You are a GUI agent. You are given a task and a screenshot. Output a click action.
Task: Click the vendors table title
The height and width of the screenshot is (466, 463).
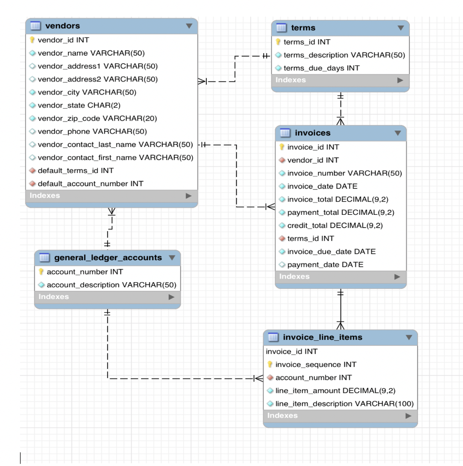coord(62,26)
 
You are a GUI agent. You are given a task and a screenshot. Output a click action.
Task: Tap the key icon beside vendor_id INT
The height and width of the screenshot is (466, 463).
coord(32,40)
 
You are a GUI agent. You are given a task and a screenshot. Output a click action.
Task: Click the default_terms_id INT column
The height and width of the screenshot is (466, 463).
coord(76,171)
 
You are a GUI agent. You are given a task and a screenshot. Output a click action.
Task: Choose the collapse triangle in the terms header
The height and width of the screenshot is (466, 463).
coord(400,28)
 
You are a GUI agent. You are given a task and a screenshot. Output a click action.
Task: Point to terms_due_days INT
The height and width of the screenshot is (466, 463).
coord(321,68)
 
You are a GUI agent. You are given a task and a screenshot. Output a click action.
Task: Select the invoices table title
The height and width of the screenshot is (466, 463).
coord(312,133)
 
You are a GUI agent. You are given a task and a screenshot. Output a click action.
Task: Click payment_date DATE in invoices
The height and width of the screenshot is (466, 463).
coord(325,264)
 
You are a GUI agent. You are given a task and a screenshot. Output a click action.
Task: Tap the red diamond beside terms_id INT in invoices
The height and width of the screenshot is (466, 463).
coord(282,238)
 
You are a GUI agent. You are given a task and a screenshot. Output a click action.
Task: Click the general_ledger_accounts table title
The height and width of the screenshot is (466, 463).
coord(107,258)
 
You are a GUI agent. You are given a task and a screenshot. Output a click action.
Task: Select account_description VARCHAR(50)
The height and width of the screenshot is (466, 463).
coord(111,285)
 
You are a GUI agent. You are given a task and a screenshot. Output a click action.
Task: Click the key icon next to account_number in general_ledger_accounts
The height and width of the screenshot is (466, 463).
coord(41,272)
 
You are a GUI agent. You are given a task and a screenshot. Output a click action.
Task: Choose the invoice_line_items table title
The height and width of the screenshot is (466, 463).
coord(322,337)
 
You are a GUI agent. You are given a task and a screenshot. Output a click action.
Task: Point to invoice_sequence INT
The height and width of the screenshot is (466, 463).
coord(315,365)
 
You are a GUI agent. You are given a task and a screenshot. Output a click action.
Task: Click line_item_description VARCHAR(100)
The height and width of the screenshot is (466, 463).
coord(344,404)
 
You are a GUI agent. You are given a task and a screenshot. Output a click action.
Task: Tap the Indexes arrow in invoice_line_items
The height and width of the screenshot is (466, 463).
coord(408,415)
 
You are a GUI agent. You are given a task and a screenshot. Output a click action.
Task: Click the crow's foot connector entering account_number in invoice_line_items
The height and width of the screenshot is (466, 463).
coord(258,378)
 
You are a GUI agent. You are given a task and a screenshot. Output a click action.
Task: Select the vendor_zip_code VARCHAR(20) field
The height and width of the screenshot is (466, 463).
coord(97,118)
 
